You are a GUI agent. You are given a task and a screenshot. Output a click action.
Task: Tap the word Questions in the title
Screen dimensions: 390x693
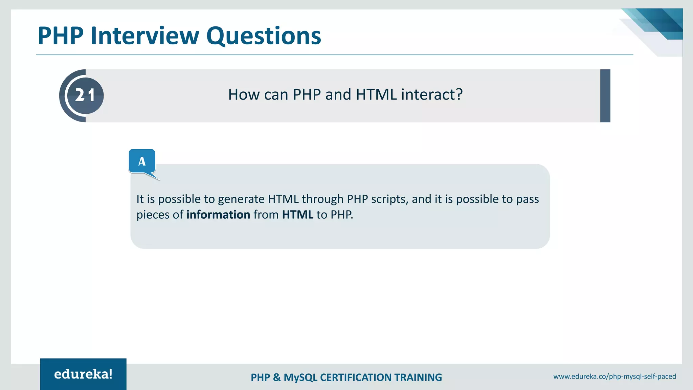click(x=264, y=36)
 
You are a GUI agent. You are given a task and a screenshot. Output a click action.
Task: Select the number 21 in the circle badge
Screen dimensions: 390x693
click(x=85, y=95)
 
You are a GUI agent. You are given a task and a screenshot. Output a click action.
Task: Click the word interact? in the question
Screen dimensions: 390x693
click(x=431, y=94)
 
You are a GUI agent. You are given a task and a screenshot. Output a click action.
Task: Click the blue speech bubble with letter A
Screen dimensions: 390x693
click(x=142, y=161)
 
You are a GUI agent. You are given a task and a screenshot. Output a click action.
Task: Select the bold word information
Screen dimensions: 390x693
click(x=218, y=215)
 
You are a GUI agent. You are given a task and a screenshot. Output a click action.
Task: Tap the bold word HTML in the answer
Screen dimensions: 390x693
click(x=297, y=215)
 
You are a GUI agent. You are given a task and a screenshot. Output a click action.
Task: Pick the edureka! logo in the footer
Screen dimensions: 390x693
click(x=83, y=374)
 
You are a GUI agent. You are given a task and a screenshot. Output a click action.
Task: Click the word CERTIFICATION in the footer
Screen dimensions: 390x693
click(x=356, y=377)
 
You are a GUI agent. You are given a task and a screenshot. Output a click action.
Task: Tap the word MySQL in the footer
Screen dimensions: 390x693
click(x=300, y=377)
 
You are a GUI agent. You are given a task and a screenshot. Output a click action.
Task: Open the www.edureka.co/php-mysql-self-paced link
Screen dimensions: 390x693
click(x=614, y=376)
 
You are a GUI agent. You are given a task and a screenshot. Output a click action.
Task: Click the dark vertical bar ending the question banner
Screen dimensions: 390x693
click(x=605, y=95)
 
